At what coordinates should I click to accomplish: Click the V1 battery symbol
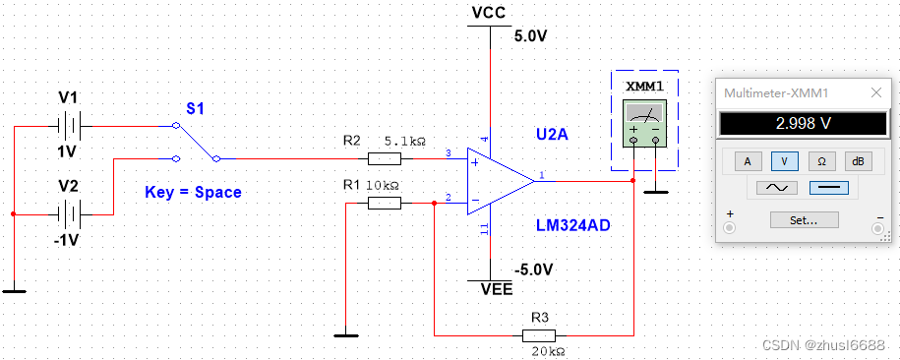tap(67, 126)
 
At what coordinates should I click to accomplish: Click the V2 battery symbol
tap(67, 213)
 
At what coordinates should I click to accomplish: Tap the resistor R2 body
tap(385, 158)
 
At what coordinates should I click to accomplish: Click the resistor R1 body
tap(385, 203)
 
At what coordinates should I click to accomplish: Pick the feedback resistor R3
tap(543, 334)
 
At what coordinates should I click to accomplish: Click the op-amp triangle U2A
tap(498, 180)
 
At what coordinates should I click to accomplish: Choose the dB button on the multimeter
tap(858, 159)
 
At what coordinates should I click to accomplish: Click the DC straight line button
tap(828, 187)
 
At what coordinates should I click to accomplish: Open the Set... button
tap(804, 220)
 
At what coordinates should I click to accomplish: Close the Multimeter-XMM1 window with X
tap(875, 92)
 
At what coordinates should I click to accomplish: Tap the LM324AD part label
tap(572, 225)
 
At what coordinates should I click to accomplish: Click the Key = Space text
tap(193, 192)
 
